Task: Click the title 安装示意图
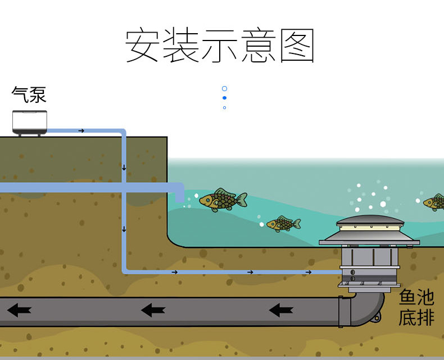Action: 220,46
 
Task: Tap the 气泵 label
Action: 29,94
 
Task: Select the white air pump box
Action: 30,123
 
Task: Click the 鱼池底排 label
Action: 416,308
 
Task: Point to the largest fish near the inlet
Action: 223,200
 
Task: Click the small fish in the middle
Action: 283,224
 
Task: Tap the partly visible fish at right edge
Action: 434,202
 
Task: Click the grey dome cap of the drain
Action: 370,220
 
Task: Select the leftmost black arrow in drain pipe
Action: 19,310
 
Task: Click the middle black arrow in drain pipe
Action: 153,310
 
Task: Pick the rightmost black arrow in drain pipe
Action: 281,310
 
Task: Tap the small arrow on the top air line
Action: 81,130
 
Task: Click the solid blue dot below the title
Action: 225,98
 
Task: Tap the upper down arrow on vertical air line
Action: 124,168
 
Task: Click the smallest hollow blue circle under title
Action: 225,107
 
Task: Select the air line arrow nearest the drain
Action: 309,272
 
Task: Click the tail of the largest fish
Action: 242,199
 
